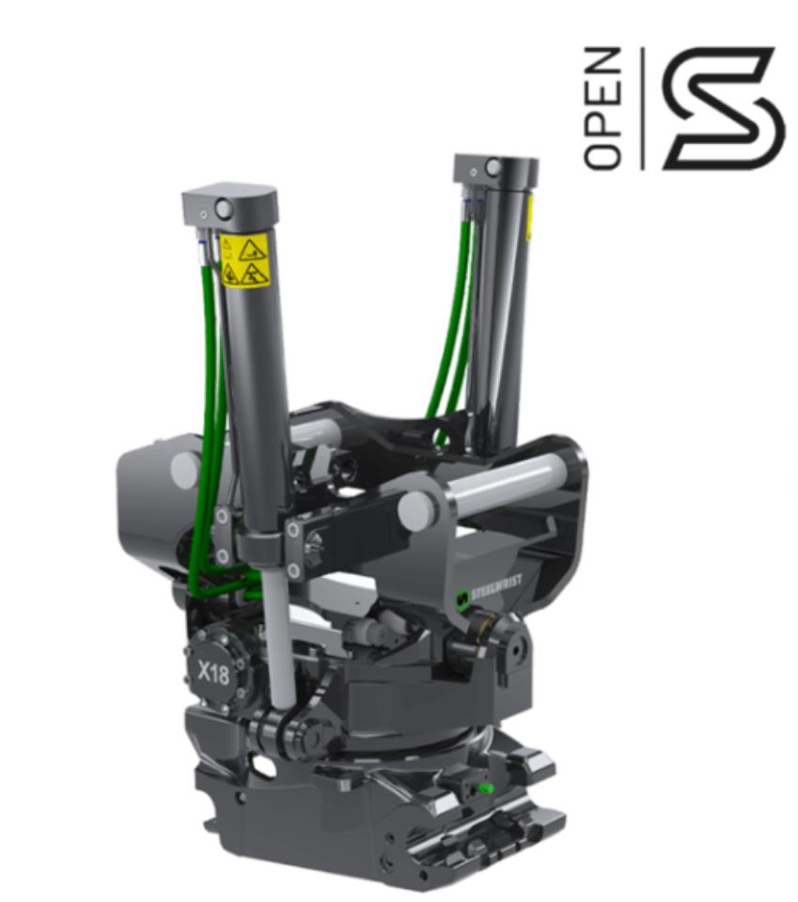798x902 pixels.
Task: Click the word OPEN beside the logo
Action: (603, 108)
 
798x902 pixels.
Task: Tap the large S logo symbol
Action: (722, 108)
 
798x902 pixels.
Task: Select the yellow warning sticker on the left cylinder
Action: (246, 259)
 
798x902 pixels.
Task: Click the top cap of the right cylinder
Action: (495, 169)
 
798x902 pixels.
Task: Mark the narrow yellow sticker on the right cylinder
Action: (529, 218)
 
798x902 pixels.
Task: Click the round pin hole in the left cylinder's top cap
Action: (224, 208)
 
